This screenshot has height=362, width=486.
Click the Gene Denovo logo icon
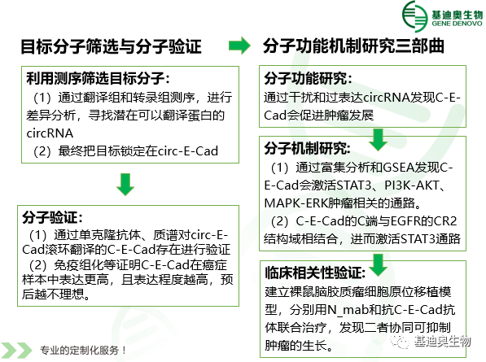pyautogui.click(x=414, y=16)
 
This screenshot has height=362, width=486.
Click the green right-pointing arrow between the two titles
pyautogui.click(x=239, y=46)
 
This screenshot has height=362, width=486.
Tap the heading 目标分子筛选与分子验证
pyautogui.click(x=111, y=46)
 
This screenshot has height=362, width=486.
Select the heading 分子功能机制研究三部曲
pyautogui.click(x=353, y=46)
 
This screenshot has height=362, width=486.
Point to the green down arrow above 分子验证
pyautogui.click(x=125, y=185)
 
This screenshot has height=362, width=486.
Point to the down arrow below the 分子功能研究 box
pyautogui.click(x=379, y=140)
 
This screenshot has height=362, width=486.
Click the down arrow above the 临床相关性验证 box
pyautogui.click(x=379, y=265)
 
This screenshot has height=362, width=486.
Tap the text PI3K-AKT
pyautogui.click(x=411, y=185)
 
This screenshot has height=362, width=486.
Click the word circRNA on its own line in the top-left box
pyautogui.click(x=50, y=133)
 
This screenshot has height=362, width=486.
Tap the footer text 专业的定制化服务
pyautogui.click(x=79, y=351)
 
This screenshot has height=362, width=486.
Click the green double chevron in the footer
pyautogui.click(x=16, y=351)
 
